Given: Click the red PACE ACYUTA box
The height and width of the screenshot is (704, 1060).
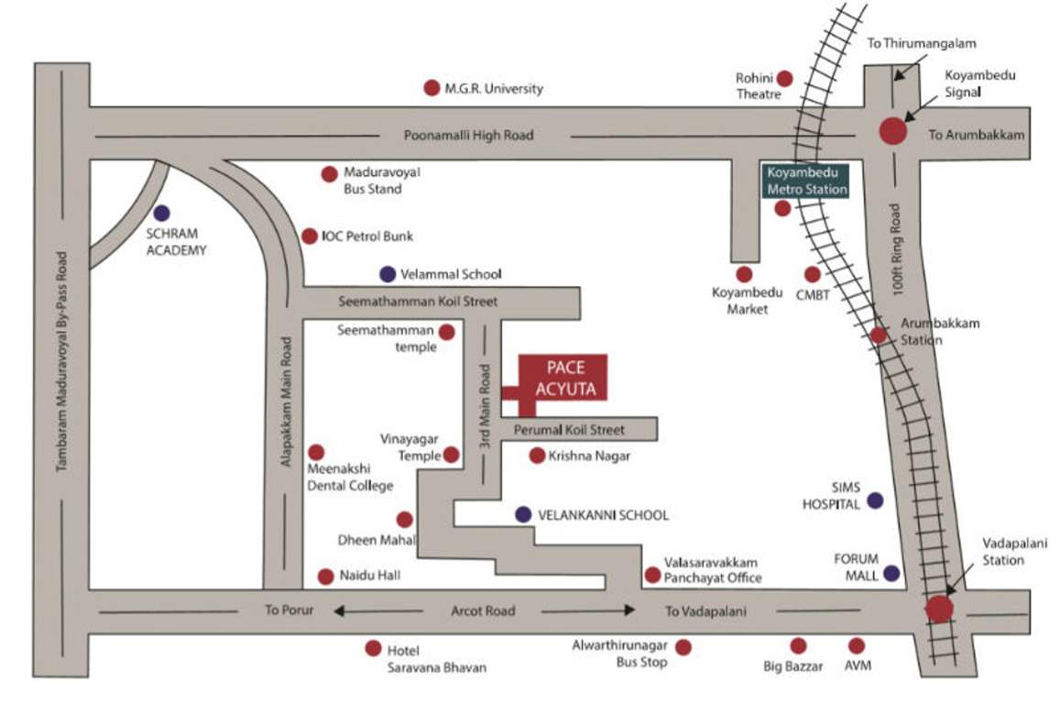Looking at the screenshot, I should [563, 378].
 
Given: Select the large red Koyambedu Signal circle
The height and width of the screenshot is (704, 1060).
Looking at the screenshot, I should [892, 131].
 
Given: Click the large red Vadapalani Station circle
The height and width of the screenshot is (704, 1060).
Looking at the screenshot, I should [938, 609].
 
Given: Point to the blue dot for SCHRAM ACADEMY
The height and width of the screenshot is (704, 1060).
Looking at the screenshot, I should [162, 213].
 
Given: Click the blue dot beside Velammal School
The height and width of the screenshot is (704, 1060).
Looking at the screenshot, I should [388, 273].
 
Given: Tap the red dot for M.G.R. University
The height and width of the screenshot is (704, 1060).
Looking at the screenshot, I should [432, 88].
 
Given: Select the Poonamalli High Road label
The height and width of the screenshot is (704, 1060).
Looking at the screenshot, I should [467, 136].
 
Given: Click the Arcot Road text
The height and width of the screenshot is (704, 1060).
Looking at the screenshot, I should [483, 610].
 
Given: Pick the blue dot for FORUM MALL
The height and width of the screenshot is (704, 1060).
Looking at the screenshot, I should [891, 574].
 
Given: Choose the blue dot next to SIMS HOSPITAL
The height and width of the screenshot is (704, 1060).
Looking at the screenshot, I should [875, 500].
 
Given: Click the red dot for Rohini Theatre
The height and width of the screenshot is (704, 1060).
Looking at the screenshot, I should [784, 80].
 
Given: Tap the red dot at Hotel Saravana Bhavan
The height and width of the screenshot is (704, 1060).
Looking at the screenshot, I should [373, 648].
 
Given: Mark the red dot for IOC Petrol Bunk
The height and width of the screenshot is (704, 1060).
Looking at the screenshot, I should [310, 236].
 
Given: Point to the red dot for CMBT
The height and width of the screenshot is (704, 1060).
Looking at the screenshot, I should [812, 274].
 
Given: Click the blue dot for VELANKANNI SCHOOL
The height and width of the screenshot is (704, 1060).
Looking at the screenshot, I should [522, 514].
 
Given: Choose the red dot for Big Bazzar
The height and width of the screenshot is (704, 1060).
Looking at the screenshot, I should [798, 646].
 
